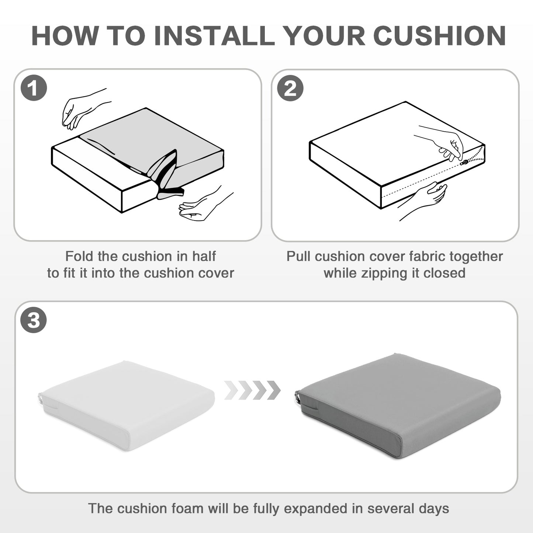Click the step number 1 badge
pos(34,88)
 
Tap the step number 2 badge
pos(290,88)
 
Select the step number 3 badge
pos(34,320)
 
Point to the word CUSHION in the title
pos(439,36)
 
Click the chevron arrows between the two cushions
pos(252,390)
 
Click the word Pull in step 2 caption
pos(298,256)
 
